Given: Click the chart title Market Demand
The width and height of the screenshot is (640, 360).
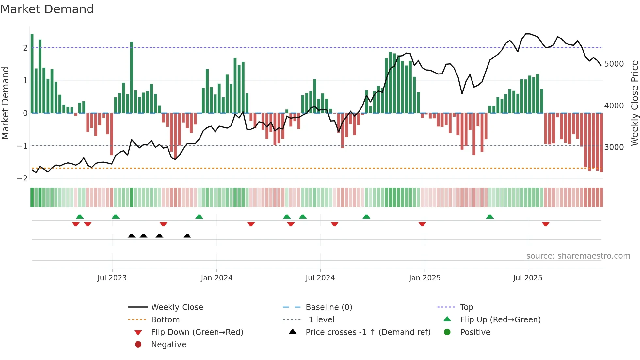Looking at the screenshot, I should point(47,9).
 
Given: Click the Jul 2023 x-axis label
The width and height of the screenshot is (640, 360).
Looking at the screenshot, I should point(112,278).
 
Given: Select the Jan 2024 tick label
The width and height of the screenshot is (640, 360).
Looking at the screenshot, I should point(216,278).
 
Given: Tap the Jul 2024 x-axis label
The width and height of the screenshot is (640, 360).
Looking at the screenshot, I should point(320,278).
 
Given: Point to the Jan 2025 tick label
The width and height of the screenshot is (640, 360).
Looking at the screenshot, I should point(424,278).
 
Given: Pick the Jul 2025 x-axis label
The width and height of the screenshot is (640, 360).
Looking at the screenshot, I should point(528,278).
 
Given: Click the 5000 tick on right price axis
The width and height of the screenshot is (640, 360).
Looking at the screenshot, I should point(614,64).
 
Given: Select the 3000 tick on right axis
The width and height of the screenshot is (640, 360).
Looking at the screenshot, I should point(614,147).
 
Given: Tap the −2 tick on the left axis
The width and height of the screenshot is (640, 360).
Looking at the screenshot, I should point(22,179).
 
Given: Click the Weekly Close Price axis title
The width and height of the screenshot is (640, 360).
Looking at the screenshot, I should point(634,103).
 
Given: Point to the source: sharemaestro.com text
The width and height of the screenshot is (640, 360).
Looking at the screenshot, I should point(578,256).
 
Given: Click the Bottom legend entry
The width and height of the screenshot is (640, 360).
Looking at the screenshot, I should point(165,320).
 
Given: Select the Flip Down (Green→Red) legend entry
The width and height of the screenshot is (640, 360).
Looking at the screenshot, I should point(197,332).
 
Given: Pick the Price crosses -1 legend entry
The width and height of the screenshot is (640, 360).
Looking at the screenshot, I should point(368,332).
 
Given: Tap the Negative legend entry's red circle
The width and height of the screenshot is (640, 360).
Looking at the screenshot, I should point(138,345).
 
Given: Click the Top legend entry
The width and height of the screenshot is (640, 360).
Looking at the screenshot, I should point(467,307).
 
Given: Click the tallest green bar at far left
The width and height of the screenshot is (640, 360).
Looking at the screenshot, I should point(32,74).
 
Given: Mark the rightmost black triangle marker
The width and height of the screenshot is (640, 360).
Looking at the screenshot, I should point(187,236).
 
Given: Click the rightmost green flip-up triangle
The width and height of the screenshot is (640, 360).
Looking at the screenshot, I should point(490,217).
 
